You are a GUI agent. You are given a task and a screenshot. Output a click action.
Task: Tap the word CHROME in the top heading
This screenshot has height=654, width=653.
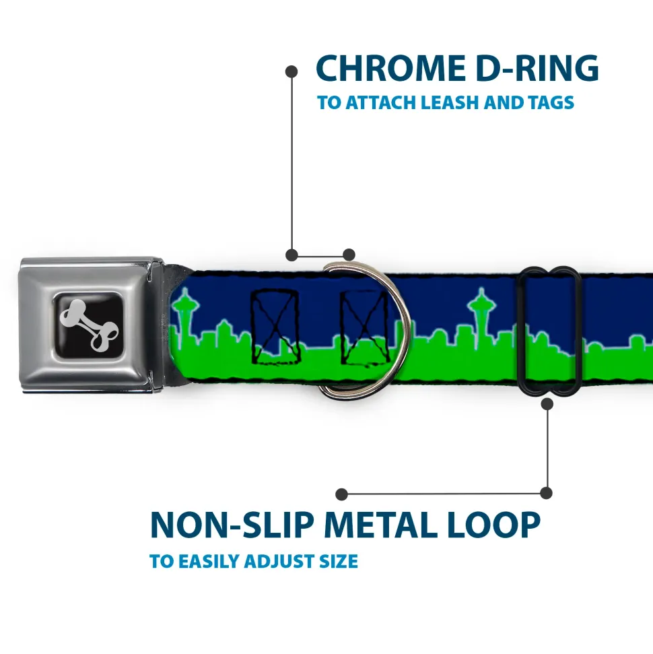point(385,68)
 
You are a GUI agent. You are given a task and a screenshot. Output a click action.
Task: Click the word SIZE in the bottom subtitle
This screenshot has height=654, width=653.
point(338,561)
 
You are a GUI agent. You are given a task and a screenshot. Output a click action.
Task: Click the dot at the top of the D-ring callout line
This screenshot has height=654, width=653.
point(291,71)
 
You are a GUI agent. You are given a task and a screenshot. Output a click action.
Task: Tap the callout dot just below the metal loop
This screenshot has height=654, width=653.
point(547,403)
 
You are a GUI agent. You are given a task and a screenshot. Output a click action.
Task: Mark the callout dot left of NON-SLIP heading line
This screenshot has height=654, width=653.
point(342,494)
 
